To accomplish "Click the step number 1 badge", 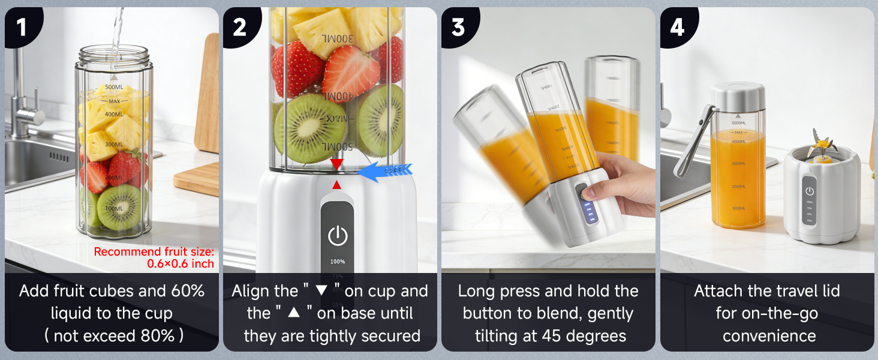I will coord(22,26).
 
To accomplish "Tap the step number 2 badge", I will coord(240,26).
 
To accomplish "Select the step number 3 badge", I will coord(458,26).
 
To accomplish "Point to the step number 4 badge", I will coord(677,26).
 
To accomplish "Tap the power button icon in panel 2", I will coord(338,236).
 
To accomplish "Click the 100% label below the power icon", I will coord(338,262).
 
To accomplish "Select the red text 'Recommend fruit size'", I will coord(154,252).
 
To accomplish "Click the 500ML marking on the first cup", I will coord(114,88).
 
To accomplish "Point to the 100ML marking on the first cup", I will coord(113,208).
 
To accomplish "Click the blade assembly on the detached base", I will coord(821,147).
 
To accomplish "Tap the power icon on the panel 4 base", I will coord(810,191).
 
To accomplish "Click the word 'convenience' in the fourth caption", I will coord(769,335).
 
